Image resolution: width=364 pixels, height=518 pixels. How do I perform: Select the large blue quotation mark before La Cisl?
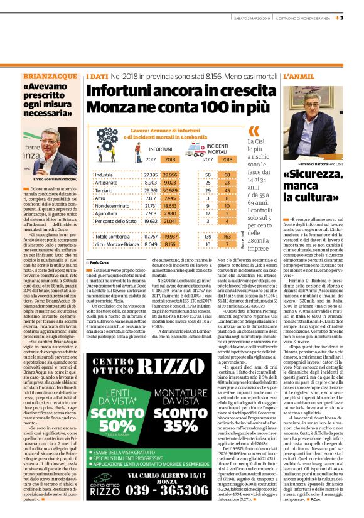253,131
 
